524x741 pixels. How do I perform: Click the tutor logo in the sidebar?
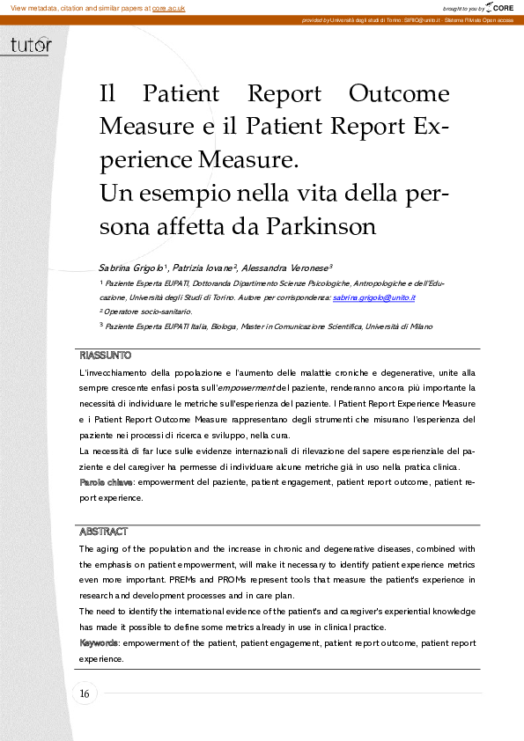pos(31,46)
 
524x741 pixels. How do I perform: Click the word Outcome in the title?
pos(398,93)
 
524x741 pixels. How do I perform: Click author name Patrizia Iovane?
pos(204,267)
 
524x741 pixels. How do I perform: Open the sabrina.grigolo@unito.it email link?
pos(373,298)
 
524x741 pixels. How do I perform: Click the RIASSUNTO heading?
pos(105,356)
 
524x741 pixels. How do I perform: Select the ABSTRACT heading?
pos(103,532)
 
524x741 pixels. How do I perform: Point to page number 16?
pos(85,694)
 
